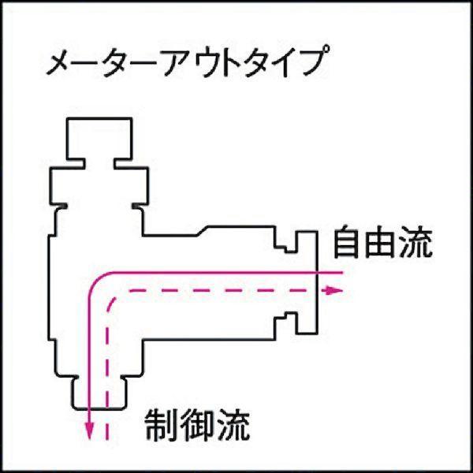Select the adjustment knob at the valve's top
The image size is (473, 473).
click(99, 139)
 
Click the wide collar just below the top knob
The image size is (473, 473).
click(99, 186)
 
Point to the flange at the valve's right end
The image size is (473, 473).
click(307, 282)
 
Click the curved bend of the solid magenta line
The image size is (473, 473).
click(97, 281)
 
